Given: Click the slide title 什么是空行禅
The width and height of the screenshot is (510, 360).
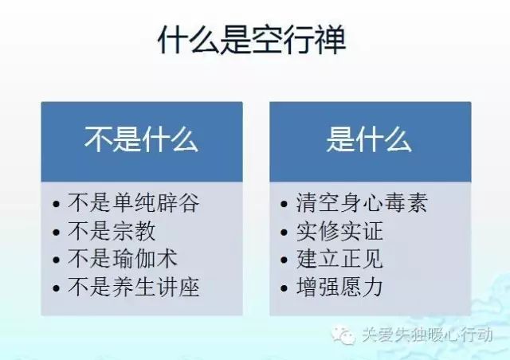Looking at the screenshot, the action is pos(252,40).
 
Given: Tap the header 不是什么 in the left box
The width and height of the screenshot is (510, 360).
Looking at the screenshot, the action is pos(142,139).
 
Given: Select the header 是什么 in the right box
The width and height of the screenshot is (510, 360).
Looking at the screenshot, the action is pos(369,139).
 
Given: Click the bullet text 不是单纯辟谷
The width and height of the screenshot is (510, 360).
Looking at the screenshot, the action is pos(133,202).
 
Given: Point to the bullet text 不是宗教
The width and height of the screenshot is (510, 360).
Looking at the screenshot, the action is pos(112,231).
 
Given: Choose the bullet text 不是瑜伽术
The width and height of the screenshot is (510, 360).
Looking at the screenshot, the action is pos(123,259).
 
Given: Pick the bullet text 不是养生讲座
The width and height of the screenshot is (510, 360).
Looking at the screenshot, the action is pos(133,287).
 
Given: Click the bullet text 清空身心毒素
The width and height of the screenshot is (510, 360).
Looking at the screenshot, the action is pos(362,202).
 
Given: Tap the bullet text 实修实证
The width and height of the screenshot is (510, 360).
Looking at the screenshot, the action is pos(339,231).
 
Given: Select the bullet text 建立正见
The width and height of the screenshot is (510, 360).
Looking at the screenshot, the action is pos(339,259).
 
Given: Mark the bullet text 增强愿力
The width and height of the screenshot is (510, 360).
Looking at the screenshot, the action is pos(339,287).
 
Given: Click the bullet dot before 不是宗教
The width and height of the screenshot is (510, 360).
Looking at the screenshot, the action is pos(56,233).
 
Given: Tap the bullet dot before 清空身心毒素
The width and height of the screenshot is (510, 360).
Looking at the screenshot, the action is pos(284,204).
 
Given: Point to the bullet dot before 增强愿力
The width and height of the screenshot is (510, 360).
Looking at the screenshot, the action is pos(284,288).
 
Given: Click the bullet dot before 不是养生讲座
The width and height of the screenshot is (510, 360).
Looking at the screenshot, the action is pos(56,288).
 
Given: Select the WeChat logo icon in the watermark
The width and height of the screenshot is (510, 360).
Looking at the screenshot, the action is pos(343,335).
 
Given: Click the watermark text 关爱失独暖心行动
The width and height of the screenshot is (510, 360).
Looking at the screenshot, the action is pos(427,335).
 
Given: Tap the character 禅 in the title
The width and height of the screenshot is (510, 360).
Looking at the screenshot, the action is pos(331,40).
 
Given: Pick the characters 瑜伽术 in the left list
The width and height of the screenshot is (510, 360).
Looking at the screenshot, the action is pos(145,259).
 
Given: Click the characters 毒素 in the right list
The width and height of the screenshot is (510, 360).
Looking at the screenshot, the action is pos(406,202).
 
